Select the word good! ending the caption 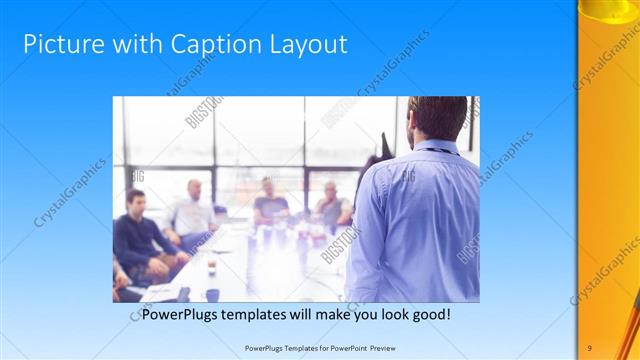tap(428, 314)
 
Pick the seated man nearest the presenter tap(332, 206)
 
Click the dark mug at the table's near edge tap(212, 295)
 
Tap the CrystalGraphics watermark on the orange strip tap(605, 270)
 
